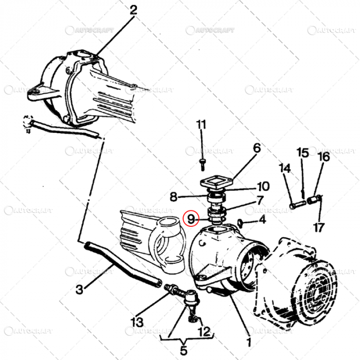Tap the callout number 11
click(201, 124)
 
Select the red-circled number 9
click(191, 219)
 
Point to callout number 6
click(257, 148)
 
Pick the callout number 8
click(173, 196)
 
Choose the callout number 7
click(260, 200)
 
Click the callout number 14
click(284, 168)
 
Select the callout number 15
click(302, 153)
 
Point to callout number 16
click(323, 157)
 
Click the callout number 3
click(79, 290)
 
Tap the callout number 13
click(136, 322)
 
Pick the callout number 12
click(204, 331)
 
